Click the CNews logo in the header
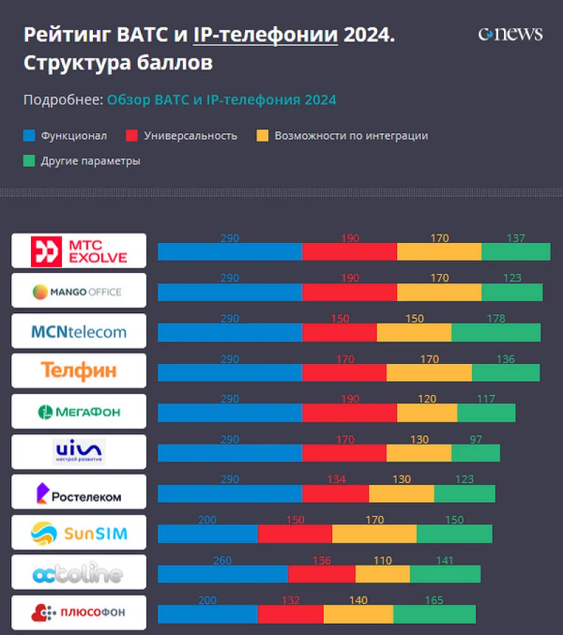[x=510, y=34]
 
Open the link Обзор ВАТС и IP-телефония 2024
[x=222, y=100]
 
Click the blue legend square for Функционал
[x=29, y=136]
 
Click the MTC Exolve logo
[x=79, y=251]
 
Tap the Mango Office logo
[x=79, y=291]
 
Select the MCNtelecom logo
[x=79, y=332]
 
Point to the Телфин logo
[x=79, y=371]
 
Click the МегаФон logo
[x=79, y=412]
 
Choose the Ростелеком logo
[x=79, y=492]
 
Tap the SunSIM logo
[x=79, y=532]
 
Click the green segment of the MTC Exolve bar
[x=516, y=252]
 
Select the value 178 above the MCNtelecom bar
[x=496, y=319]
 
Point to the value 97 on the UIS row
[x=476, y=439]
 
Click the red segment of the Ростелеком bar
[x=335, y=493]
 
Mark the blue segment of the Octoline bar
[x=222, y=574]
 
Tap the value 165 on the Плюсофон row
[x=434, y=601]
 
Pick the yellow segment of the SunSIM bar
[x=374, y=534]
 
